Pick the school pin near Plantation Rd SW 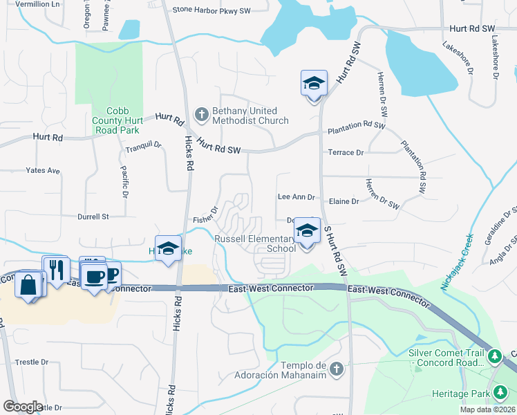pos(314,84)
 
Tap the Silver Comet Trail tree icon pos(494,356)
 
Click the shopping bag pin pos(28,284)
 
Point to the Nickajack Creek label pos(458,261)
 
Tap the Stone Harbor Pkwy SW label pos(211,10)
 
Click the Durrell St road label pos(93,216)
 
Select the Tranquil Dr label pos(143,146)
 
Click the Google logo pos(23,407)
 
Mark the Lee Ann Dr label pos(296,197)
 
